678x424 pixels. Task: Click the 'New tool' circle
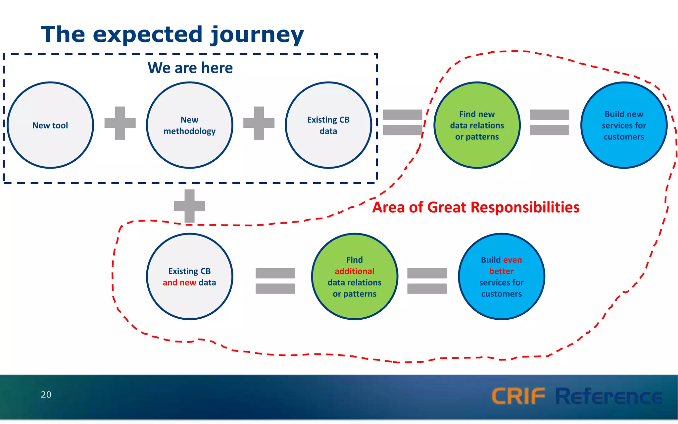50,125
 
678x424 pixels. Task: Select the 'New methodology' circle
190,125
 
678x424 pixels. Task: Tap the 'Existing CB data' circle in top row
328,125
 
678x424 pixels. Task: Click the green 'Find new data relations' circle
477,125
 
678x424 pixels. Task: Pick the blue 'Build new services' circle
624,125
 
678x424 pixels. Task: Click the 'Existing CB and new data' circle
190,277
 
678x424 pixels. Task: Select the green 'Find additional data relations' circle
355,277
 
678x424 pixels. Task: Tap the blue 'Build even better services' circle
501,277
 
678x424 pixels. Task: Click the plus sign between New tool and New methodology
120,123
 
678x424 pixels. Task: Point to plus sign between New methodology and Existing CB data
259,123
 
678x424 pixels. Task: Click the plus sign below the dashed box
189,206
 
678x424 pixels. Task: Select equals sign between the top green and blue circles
549,122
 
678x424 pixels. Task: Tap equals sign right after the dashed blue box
402,122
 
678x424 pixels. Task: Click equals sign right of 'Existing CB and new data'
275,281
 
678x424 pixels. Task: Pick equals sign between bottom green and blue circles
427,281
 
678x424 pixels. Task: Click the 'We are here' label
190,68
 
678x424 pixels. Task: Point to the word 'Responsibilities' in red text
525,207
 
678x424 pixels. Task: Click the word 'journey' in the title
257,35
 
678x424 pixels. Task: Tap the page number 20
46,395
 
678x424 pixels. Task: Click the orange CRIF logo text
518,396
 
